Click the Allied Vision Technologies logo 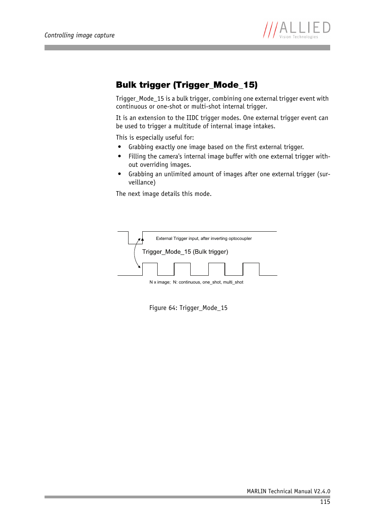[x=297, y=30]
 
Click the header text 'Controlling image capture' [x=79, y=35]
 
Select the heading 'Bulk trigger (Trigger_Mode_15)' [x=187, y=85]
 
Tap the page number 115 [x=325, y=502]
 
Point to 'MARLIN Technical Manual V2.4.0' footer [x=288, y=491]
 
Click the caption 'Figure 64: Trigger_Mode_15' [x=188, y=308]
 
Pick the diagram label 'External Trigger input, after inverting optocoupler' [x=204, y=238]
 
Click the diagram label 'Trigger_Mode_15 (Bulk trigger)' [x=185, y=252]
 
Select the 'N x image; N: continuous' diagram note [x=196, y=282]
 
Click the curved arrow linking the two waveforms [x=135, y=253]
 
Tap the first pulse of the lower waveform [x=150, y=269]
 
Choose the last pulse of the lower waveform [x=251, y=269]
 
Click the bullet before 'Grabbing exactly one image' [x=119, y=147]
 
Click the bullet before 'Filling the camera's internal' [x=119, y=157]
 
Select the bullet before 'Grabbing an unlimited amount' [x=119, y=174]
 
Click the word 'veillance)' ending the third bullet [x=142, y=183]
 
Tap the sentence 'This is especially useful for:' [x=155, y=138]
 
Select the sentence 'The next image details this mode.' [x=164, y=194]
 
